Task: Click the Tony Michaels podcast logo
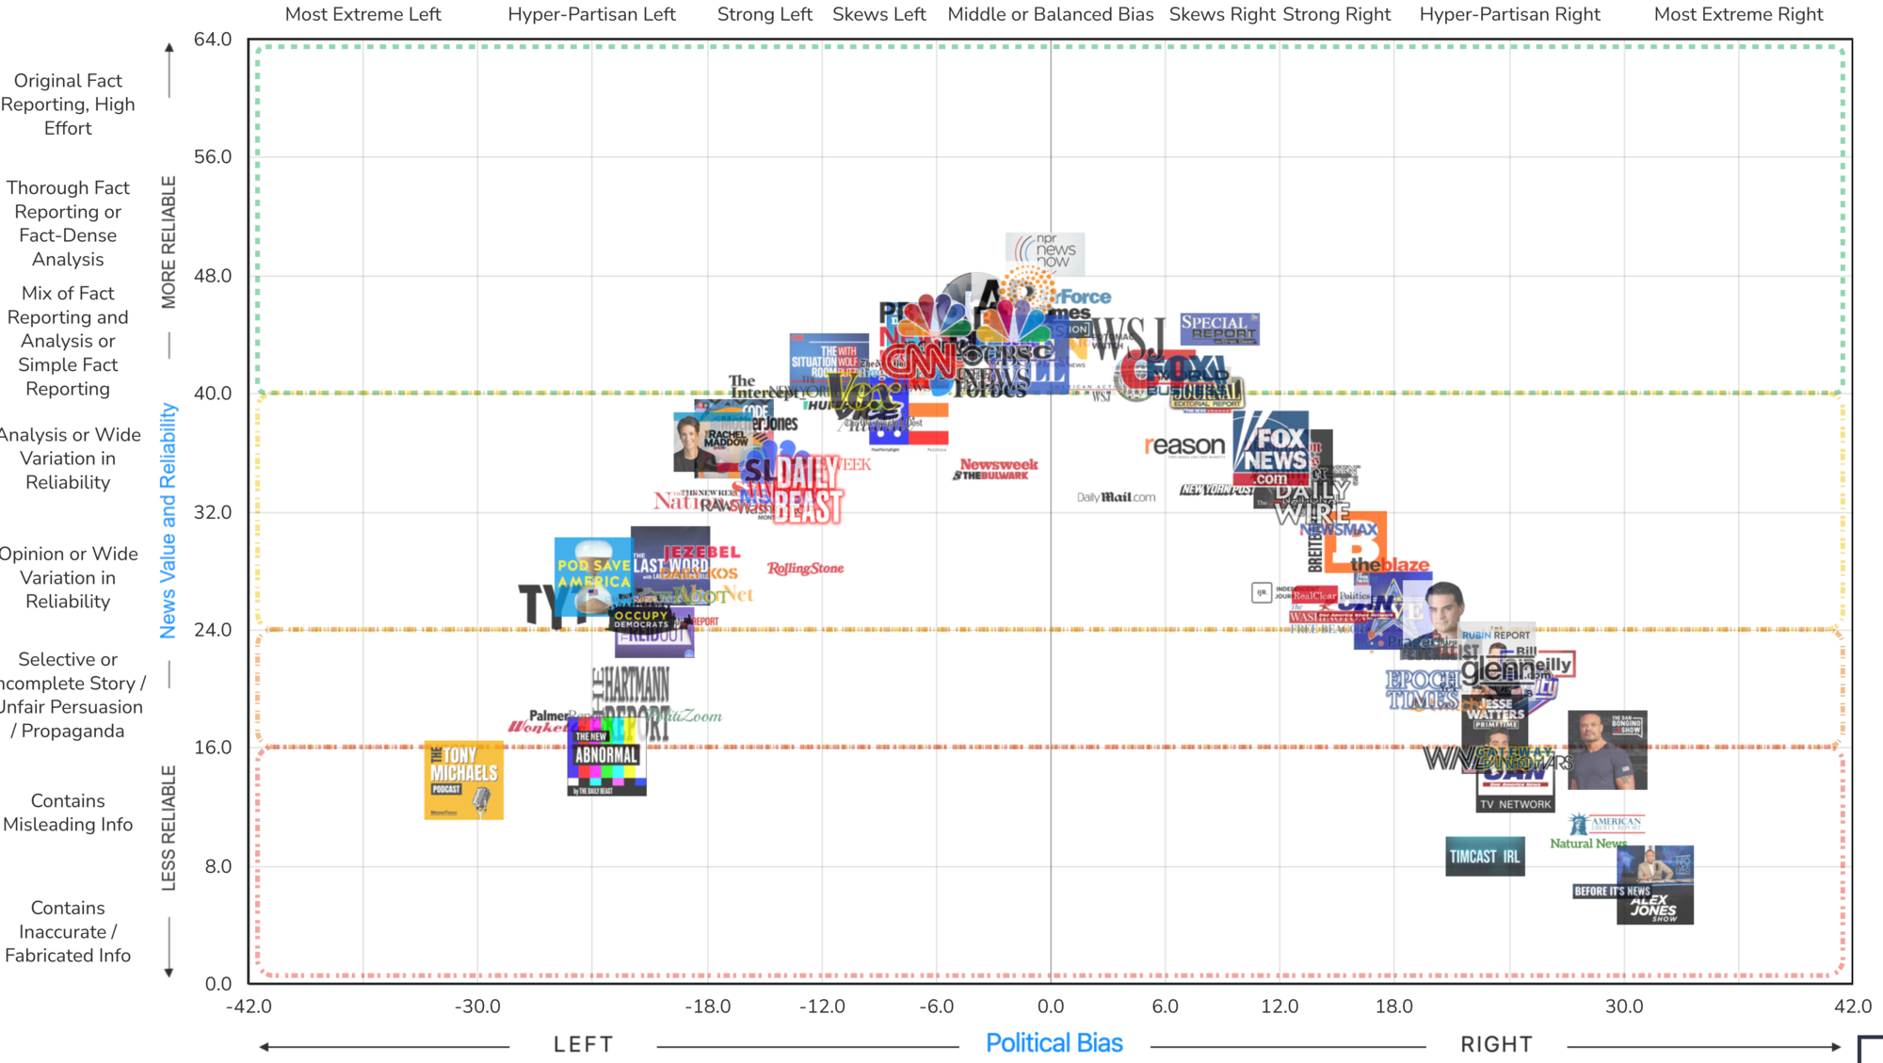tap(463, 780)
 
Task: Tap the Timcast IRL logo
tap(1485, 857)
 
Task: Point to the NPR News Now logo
tap(1045, 251)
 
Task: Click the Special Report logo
tap(1219, 329)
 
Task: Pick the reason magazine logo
tap(1184, 445)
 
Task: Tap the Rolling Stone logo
tap(805, 569)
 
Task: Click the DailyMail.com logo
tap(1116, 497)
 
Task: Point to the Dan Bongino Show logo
tap(1607, 750)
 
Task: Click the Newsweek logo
tap(999, 464)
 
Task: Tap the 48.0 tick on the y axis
tap(213, 276)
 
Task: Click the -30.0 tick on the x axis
tap(477, 1007)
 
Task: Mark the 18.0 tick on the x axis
tap(1393, 1007)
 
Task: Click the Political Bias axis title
tap(1054, 1043)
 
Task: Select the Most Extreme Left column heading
tap(362, 14)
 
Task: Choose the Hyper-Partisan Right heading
tap(1509, 14)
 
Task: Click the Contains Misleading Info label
tap(68, 813)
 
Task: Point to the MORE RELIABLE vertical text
tap(169, 242)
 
